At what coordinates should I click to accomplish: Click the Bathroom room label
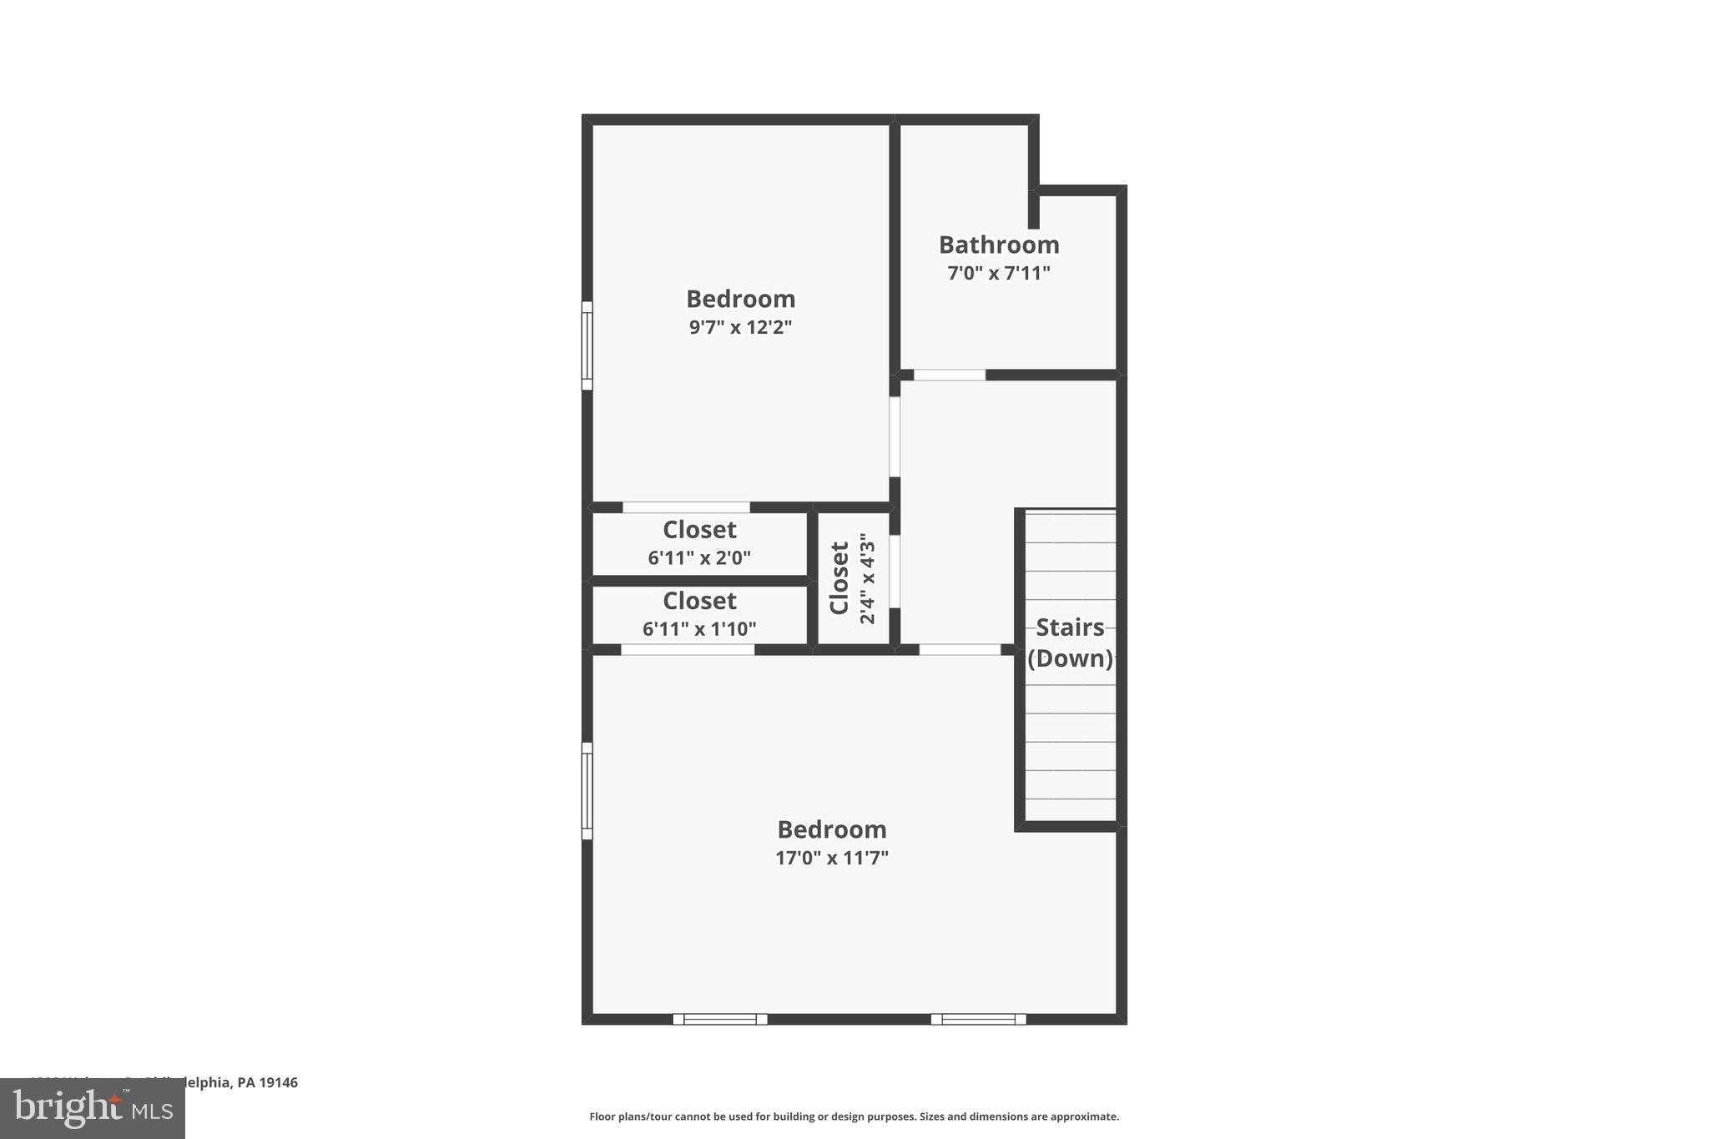pos(999,244)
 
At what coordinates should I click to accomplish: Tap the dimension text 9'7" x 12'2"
pos(740,327)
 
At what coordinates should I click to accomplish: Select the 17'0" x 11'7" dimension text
pos(832,858)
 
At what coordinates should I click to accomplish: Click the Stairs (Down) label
pos(1070,643)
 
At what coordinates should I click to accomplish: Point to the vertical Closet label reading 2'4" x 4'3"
pos(852,578)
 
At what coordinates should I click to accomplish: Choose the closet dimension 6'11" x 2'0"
pos(699,557)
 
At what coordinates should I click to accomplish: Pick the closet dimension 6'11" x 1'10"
pos(699,628)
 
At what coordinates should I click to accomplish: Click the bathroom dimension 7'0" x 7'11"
pos(999,273)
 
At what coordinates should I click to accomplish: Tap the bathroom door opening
pos(950,375)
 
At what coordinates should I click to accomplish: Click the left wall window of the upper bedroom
pos(587,345)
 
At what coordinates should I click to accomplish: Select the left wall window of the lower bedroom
pos(587,790)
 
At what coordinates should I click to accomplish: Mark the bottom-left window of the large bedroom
pos(720,1019)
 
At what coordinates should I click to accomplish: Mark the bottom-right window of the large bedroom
pos(978,1019)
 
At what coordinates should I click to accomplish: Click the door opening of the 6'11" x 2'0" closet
pos(686,507)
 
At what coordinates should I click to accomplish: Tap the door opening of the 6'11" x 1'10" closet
pos(688,649)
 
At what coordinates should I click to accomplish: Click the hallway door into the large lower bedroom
pos(960,649)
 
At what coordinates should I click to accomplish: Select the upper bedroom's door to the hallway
pos(895,436)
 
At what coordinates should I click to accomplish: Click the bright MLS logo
pos(93,1108)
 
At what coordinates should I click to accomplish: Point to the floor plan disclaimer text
pos(854,1116)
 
